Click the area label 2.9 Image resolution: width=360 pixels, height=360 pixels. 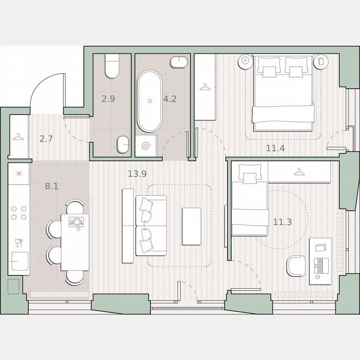tap(108, 99)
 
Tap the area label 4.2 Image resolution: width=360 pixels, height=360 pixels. tap(170, 99)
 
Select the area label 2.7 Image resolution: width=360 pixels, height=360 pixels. tap(46, 139)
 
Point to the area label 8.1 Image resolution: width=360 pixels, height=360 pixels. tap(52, 186)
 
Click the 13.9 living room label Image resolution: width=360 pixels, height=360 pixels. tap(137, 174)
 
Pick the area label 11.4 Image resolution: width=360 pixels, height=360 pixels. tap(275, 147)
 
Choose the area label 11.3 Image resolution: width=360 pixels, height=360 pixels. tap(282, 222)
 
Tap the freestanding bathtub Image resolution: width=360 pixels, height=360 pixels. tap(150, 102)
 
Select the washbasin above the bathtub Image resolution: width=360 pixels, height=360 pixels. tap(179, 62)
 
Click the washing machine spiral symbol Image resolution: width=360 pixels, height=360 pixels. tap(146, 146)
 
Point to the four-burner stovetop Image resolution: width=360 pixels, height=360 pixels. tap(19, 212)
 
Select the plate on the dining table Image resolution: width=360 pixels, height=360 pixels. tap(76, 222)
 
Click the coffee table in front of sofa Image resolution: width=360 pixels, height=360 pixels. tap(191, 226)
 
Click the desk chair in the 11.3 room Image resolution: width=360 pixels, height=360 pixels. tap(296, 265)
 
